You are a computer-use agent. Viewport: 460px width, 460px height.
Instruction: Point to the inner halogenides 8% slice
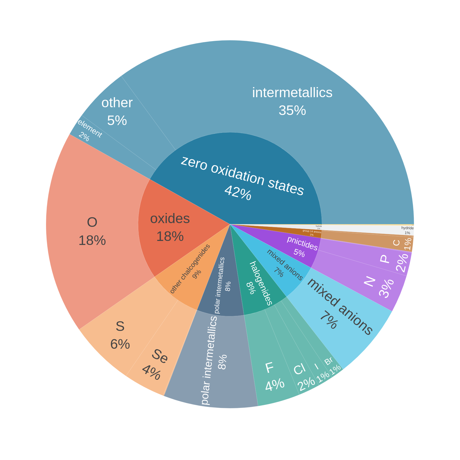pos(256,285)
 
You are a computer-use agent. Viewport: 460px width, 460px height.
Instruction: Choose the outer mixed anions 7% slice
pos(339,310)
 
